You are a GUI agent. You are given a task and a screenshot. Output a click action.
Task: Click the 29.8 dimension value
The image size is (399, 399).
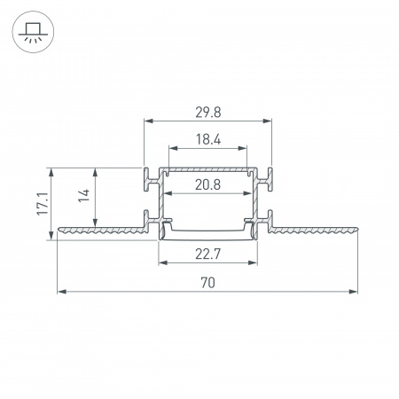click(208, 113)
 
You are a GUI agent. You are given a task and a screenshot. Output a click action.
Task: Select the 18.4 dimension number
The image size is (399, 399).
click(208, 139)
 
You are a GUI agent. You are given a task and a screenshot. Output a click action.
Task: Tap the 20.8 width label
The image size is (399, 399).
click(207, 185)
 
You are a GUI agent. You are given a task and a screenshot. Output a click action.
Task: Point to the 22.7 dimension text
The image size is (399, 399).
click(207, 254)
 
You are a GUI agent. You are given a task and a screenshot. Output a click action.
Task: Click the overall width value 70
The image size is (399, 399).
click(207, 283)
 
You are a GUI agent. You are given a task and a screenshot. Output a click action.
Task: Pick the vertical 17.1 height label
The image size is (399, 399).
click(43, 204)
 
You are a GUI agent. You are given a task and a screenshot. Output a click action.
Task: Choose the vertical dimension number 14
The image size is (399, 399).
click(84, 195)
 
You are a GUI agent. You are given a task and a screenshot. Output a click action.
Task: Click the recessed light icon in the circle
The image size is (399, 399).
click(33, 32)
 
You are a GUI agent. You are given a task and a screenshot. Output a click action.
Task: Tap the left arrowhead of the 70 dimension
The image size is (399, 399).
click(61, 292)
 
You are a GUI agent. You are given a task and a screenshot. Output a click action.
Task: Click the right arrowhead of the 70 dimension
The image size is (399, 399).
click(353, 292)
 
